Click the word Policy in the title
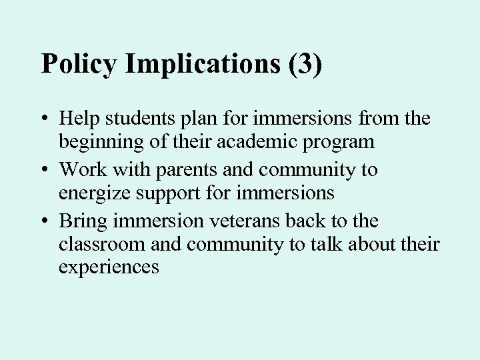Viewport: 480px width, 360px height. click(x=79, y=64)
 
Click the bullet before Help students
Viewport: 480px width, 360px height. click(x=45, y=120)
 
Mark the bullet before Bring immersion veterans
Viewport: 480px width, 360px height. click(x=45, y=221)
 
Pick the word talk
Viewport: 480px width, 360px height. click(x=327, y=245)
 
